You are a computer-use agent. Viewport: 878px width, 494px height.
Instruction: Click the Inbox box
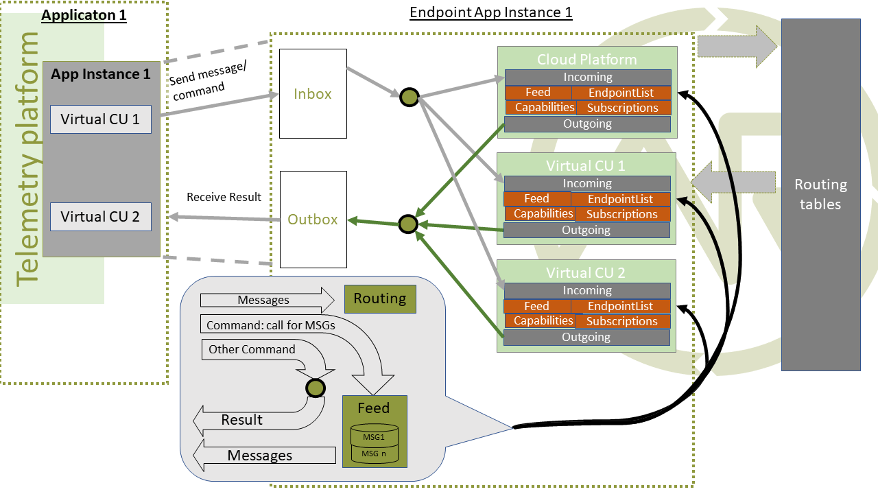(313, 93)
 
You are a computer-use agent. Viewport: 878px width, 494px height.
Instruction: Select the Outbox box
(313, 220)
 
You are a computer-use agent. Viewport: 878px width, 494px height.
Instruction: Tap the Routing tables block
(820, 195)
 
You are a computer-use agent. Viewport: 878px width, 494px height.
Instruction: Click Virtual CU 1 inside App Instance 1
(100, 119)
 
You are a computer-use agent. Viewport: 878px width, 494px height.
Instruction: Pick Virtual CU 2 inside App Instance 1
(100, 217)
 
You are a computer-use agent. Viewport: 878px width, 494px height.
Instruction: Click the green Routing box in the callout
(380, 298)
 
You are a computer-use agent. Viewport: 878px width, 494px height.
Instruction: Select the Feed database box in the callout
(374, 432)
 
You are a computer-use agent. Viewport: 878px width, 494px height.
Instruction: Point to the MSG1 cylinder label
(374, 436)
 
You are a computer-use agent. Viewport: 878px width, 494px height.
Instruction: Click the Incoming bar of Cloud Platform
(587, 78)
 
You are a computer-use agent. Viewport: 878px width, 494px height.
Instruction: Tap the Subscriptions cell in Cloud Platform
(623, 108)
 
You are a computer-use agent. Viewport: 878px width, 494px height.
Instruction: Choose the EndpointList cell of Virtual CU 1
(620, 199)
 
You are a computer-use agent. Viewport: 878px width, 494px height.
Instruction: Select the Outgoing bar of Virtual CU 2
(586, 337)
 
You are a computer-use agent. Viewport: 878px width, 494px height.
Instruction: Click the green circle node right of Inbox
(409, 97)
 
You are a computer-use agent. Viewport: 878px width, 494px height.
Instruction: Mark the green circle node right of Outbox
(409, 224)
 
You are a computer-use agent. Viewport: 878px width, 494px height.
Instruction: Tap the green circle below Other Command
(316, 388)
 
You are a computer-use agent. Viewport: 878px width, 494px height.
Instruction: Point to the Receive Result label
(224, 198)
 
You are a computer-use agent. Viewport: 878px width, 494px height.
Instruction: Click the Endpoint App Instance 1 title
(490, 12)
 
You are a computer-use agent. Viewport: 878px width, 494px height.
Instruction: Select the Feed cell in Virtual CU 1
(536, 199)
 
